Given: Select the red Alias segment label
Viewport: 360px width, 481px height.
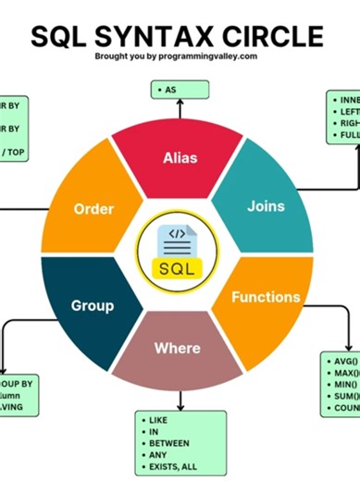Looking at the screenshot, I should click(x=180, y=157).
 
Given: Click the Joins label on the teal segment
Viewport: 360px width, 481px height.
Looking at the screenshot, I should click(x=266, y=205).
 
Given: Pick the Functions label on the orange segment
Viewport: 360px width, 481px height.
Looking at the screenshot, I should click(x=266, y=297).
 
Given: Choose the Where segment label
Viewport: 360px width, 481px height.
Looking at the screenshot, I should click(x=177, y=348).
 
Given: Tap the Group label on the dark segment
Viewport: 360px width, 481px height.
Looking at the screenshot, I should click(x=93, y=305).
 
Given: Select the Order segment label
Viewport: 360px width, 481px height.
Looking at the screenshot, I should click(x=93, y=209).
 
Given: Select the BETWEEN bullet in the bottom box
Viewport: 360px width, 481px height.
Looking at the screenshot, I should click(x=168, y=442).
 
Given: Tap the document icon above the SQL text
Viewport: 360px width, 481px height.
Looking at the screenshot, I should click(x=179, y=239).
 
